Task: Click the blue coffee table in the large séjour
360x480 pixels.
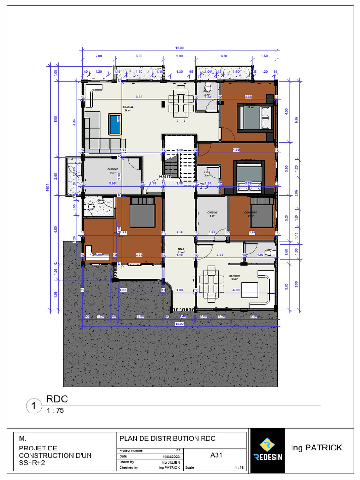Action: click(115, 124)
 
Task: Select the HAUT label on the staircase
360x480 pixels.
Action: click(165, 176)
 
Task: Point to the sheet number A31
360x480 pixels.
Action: click(216, 455)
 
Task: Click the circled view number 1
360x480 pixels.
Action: click(34, 406)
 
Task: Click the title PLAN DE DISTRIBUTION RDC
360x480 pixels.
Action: click(167, 439)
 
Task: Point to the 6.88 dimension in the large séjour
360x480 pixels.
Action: click(139, 97)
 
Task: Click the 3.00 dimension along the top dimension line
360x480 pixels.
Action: click(139, 56)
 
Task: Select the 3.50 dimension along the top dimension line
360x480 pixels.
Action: click(224, 56)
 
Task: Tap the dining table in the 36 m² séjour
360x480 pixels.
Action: click(180, 103)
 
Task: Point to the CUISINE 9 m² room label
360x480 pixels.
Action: click(112, 171)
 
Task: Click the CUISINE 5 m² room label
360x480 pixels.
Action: click(213, 214)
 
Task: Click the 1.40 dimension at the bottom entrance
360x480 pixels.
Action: click(183, 317)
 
